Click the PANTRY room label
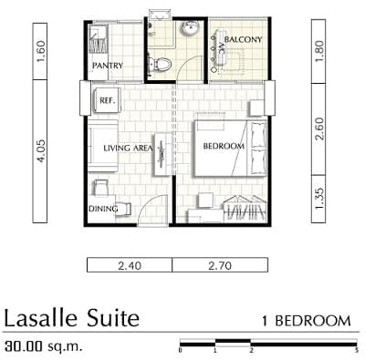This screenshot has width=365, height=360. click(x=108, y=66)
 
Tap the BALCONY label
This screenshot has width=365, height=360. click(x=243, y=39)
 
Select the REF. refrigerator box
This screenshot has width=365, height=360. click(x=107, y=100)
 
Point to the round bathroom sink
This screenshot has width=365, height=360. click(x=191, y=29)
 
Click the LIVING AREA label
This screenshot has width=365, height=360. click(x=128, y=149)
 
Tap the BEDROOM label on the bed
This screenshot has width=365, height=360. click(x=224, y=146)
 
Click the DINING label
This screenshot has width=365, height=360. click(x=103, y=209)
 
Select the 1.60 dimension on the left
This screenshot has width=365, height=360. click(x=40, y=51)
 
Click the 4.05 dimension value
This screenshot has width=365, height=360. click(x=40, y=151)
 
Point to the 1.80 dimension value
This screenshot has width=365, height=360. click(x=319, y=51)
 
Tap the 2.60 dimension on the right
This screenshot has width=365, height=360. click(x=319, y=129)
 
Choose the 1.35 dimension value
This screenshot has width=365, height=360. click(x=319, y=199)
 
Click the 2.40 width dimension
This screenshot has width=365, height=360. click(x=130, y=266)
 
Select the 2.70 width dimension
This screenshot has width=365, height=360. click(x=220, y=266)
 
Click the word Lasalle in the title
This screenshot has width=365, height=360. click(x=41, y=318)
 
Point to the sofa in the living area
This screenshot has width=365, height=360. click(x=103, y=146)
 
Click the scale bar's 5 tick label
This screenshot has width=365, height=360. click(x=356, y=350)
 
